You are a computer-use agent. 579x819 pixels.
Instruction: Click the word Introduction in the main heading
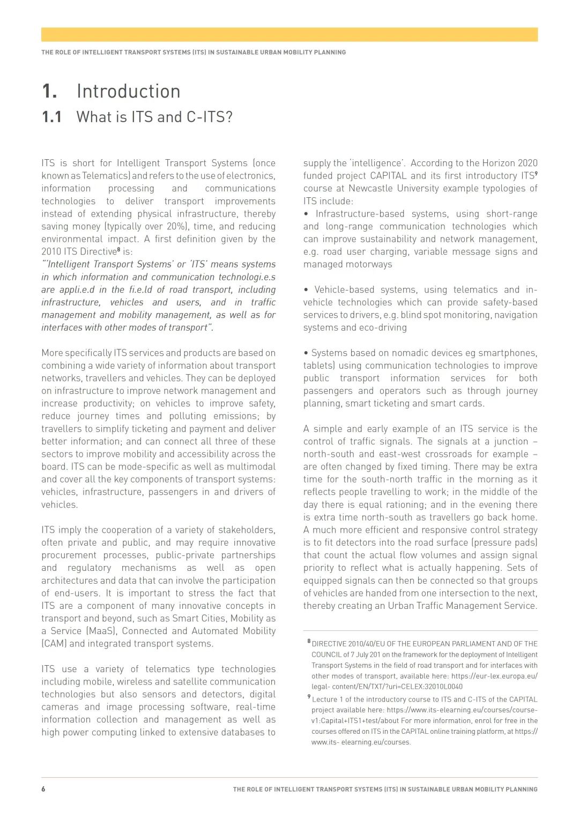128,92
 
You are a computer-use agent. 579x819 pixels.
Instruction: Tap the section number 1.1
52,117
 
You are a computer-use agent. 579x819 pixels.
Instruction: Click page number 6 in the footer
43,789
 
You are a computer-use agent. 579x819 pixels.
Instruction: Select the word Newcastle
370,188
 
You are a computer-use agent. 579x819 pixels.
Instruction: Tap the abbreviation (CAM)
54,644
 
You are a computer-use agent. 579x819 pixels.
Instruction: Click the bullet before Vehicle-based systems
306,290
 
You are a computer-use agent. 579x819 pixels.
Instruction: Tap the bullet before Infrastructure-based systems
306,214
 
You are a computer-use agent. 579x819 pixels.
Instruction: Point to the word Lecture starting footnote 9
324,699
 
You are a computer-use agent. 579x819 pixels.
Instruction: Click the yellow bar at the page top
289,34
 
